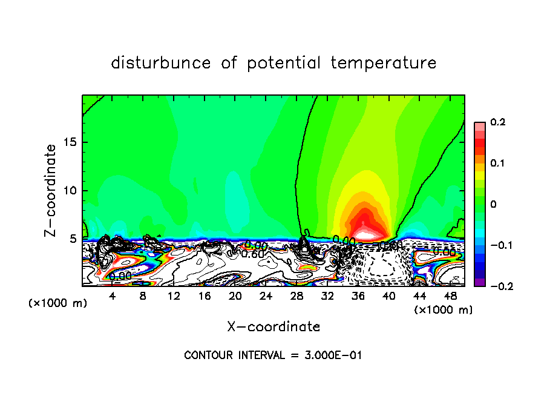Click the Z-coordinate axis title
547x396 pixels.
click(51, 190)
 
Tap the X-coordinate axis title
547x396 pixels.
click(273, 327)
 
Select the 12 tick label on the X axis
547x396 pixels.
click(174, 295)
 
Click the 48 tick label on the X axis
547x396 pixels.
click(451, 295)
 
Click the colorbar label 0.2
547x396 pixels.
click(497, 122)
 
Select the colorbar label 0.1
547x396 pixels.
click(497, 163)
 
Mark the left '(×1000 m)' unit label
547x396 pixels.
click(58, 303)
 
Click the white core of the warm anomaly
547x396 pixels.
click(367, 231)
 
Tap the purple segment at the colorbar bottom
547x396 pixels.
click(479, 282)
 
